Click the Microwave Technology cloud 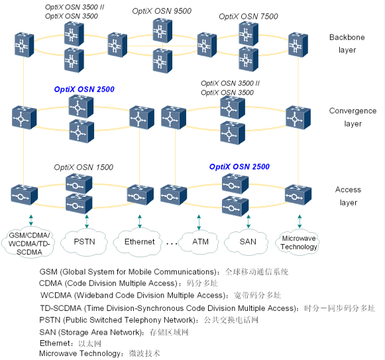coord(299,243)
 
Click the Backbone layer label coord(347,43)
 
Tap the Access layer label coord(348,196)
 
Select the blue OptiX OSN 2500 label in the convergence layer coord(84,89)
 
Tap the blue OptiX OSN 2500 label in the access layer coord(239,167)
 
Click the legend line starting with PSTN coord(148,320)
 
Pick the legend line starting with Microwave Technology coord(99,353)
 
